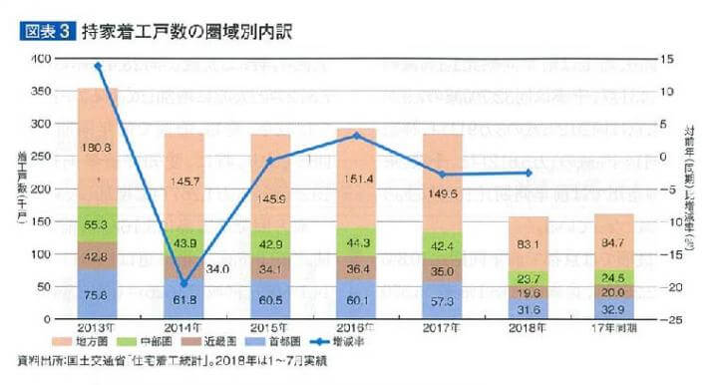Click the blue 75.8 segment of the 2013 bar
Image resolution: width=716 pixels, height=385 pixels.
pos(98,294)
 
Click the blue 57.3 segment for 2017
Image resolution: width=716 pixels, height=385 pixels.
pos(442,299)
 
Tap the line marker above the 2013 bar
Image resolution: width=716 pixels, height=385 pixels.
pos(98,66)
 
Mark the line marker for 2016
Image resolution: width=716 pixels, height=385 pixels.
pos(356,135)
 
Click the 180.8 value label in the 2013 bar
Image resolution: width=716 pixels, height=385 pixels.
pos(98,148)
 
